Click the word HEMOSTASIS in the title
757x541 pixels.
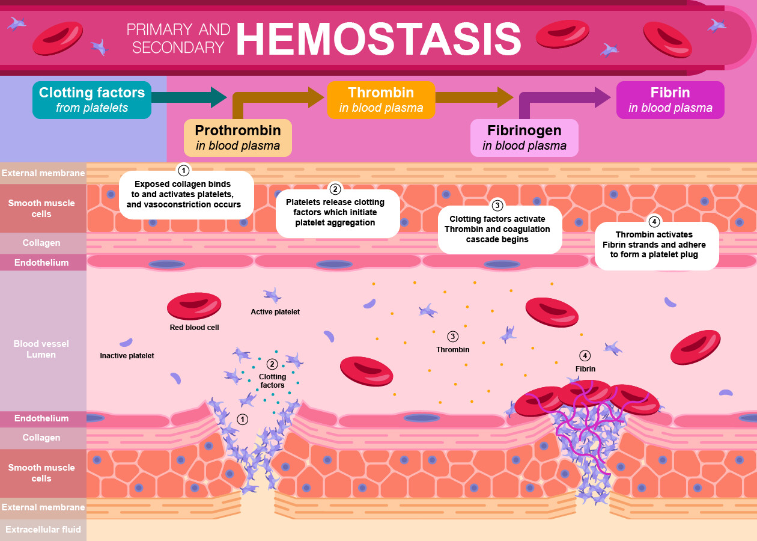[x=378, y=39]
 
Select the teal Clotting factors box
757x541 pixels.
[x=92, y=100]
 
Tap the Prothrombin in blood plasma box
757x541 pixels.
[x=238, y=138]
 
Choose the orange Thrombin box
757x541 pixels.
[x=381, y=100]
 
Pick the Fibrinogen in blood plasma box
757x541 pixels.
[x=524, y=138]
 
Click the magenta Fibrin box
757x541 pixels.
[x=670, y=100]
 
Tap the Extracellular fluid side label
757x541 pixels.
[x=43, y=530]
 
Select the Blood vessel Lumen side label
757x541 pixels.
[x=41, y=349]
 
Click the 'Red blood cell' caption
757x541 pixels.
[x=194, y=328]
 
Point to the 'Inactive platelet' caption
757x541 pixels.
[x=127, y=356]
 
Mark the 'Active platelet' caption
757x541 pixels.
[x=275, y=312]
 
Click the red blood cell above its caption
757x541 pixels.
[x=194, y=306]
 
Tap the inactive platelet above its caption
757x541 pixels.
[x=126, y=342]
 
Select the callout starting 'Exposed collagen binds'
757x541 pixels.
[x=186, y=194]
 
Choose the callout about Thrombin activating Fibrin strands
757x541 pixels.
[x=657, y=245]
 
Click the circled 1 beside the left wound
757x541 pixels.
[x=243, y=419]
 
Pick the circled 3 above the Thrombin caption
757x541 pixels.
[x=453, y=336]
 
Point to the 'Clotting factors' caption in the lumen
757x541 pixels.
[x=272, y=381]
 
